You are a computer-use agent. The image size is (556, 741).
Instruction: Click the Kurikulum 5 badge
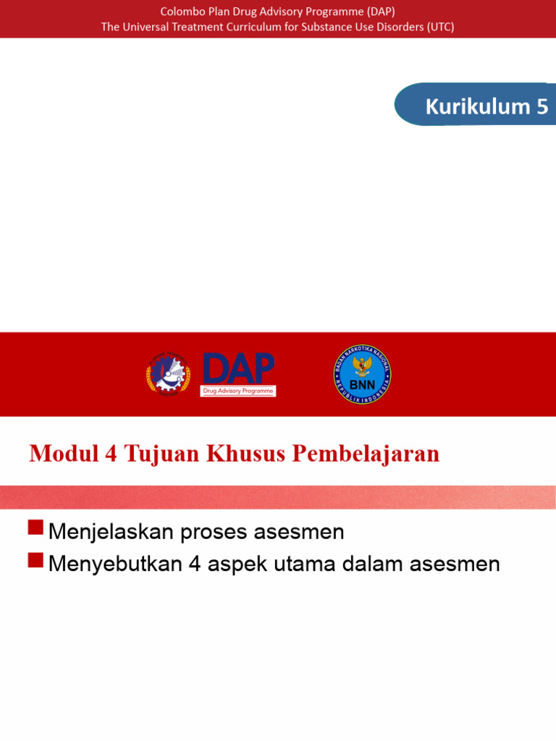[478, 106]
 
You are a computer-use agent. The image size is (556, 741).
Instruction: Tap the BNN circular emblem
[363, 374]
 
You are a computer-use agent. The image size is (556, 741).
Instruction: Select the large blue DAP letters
[238, 369]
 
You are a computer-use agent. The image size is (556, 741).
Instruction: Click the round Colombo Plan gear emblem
[168, 374]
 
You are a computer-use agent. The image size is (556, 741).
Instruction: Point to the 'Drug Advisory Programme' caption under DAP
[238, 391]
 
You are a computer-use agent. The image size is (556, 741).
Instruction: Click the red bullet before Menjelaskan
[35, 528]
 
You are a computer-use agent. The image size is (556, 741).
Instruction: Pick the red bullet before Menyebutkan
[35, 559]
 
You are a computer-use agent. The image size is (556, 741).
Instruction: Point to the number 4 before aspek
[194, 564]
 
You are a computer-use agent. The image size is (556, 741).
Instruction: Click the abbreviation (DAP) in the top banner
[376, 11]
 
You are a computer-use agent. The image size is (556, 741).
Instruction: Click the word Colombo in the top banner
[181, 11]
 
